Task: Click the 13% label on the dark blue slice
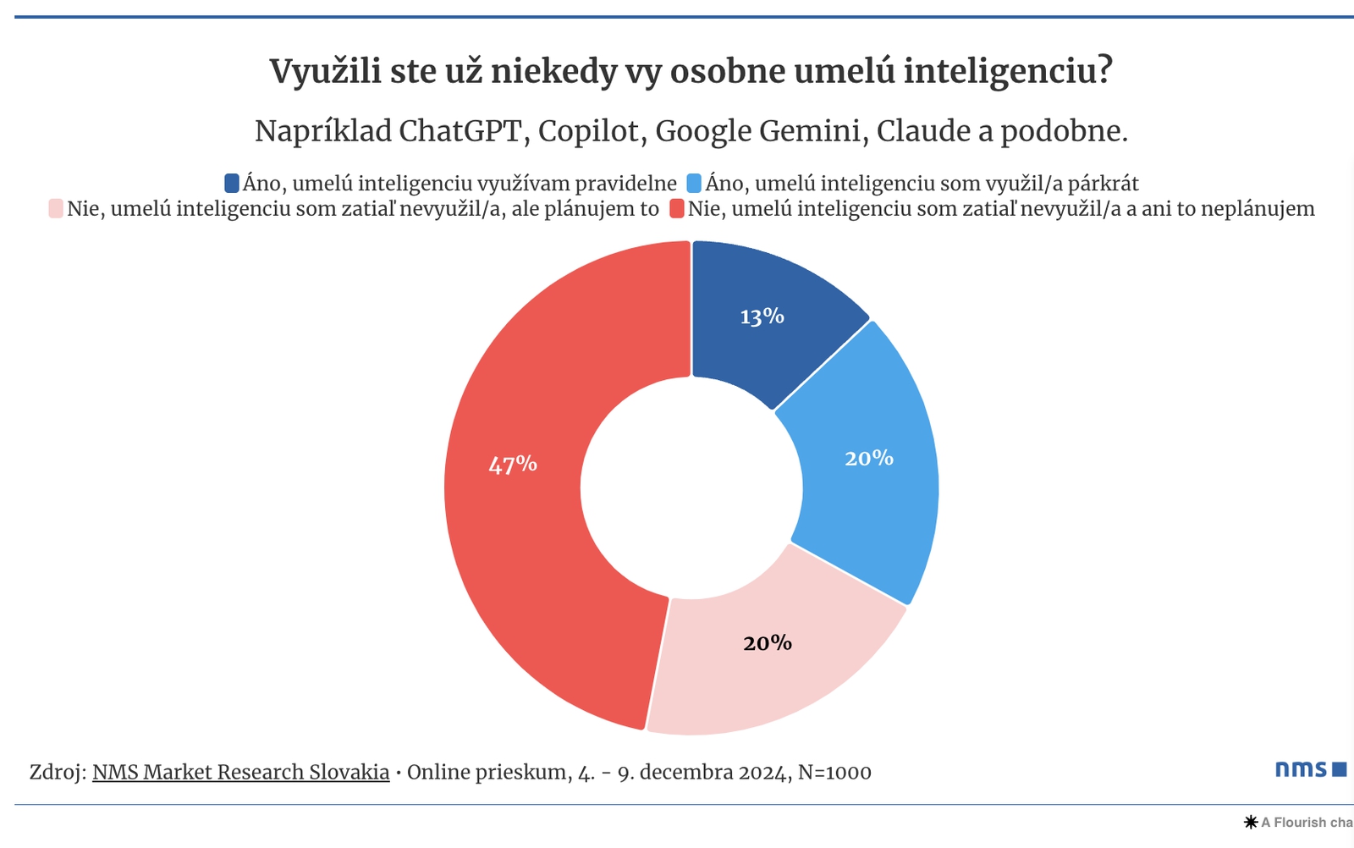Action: pos(762,317)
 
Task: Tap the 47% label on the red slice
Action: pos(512,465)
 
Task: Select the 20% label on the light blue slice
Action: pos(868,458)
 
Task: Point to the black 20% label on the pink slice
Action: pos(767,643)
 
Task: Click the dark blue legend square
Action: pos(232,183)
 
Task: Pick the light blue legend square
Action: pos(694,183)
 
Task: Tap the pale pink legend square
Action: pos(56,208)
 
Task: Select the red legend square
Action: pos(676,208)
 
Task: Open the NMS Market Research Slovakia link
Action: pos(240,772)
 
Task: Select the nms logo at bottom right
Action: pos(1310,768)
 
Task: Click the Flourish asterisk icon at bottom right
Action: pos(1250,822)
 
